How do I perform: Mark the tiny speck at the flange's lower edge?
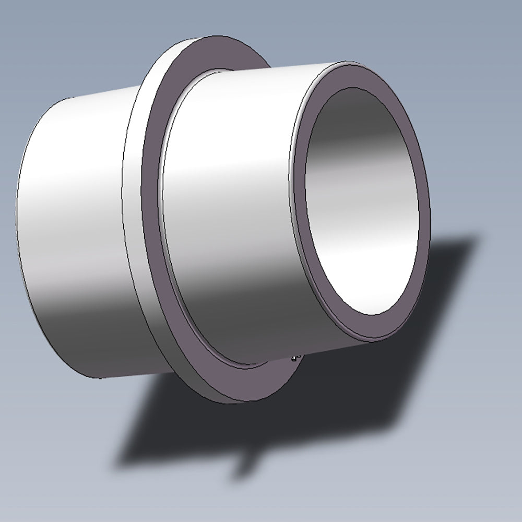click(x=295, y=358)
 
